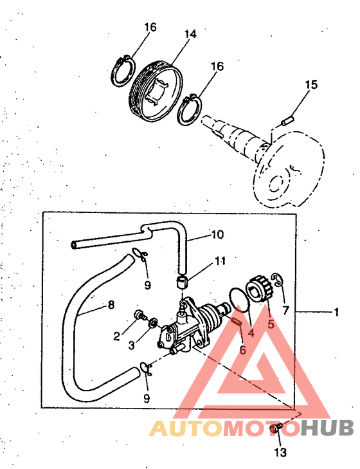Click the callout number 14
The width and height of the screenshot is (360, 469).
(x=190, y=34)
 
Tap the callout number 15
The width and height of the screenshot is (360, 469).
(x=311, y=84)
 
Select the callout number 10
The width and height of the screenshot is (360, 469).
(x=217, y=234)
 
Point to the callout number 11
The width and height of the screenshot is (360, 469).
(x=220, y=261)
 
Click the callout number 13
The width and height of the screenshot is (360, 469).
(x=280, y=452)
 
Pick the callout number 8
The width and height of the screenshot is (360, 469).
(x=111, y=305)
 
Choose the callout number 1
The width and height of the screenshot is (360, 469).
(x=336, y=312)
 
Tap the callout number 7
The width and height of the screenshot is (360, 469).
(x=286, y=311)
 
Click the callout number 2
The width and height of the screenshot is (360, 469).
(x=116, y=336)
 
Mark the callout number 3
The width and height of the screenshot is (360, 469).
(x=132, y=345)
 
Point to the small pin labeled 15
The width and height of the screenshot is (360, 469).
(x=287, y=122)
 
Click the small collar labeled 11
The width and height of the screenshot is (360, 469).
(x=183, y=282)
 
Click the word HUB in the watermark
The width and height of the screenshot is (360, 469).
(x=327, y=428)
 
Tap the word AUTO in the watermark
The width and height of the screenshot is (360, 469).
(x=186, y=428)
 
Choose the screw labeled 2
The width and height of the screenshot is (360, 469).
(x=139, y=315)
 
